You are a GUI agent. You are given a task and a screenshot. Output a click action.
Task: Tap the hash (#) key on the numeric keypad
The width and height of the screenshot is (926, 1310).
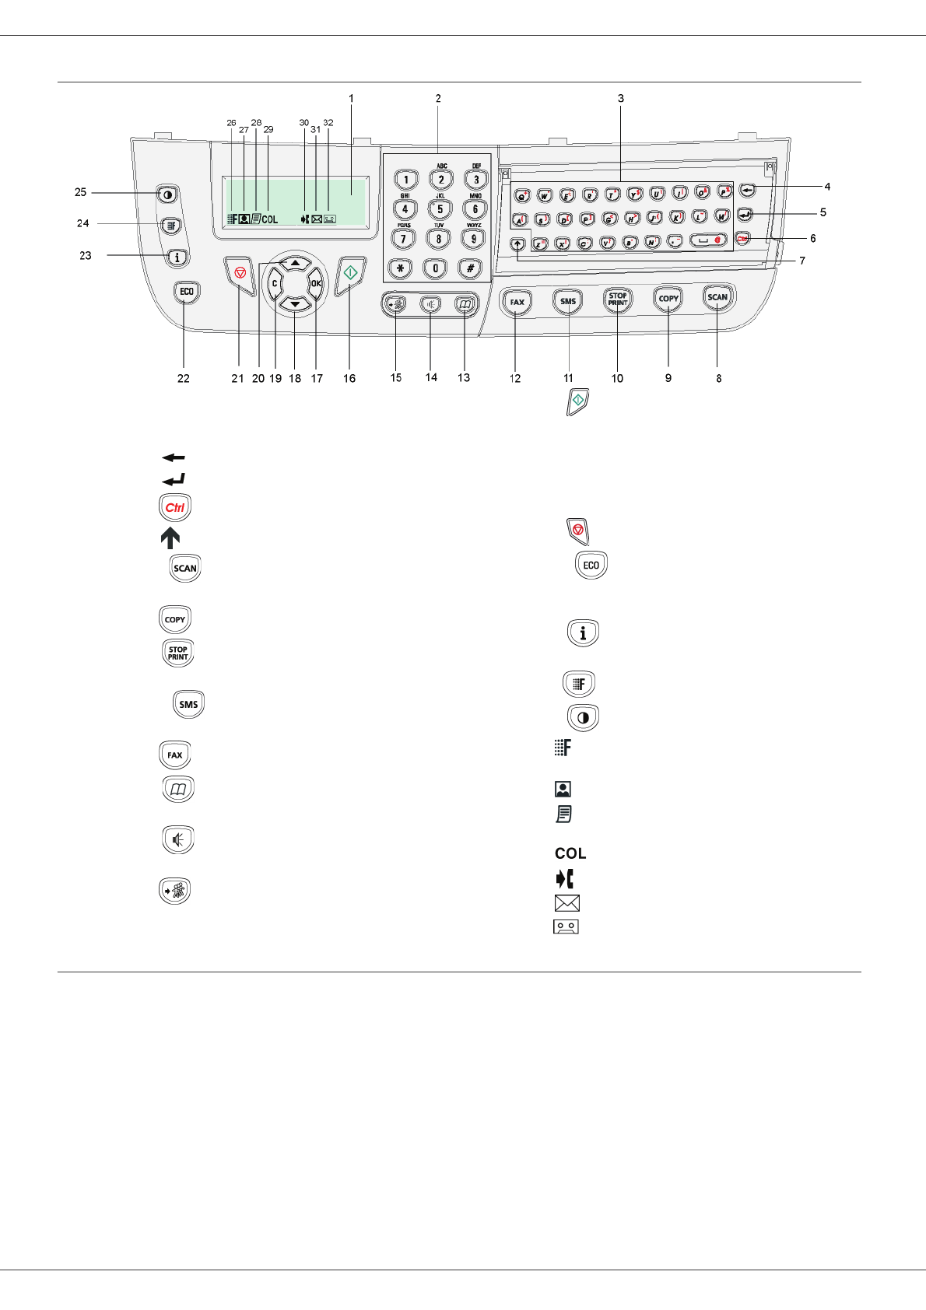pyautogui.click(x=470, y=268)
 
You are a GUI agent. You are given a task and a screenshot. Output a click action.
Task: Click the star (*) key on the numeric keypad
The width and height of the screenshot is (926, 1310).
pyautogui.click(x=400, y=268)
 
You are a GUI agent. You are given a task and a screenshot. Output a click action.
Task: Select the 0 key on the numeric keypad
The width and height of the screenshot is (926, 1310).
pyautogui.click(x=435, y=268)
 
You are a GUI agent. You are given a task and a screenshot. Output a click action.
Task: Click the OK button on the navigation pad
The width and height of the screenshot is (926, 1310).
pyautogui.click(x=316, y=283)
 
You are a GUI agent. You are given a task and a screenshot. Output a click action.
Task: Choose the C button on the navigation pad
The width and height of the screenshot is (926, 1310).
pyautogui.click(x=275, y=283)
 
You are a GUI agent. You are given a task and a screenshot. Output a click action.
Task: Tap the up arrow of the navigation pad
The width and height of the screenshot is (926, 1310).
pyautogui.click(x=295, y=264)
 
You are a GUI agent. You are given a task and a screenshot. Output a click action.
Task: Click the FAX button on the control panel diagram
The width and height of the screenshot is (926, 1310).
pyautogui.click(x=517, y=301)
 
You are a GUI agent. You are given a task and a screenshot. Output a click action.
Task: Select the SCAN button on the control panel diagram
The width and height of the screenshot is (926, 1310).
pyautogui.click(x=717, y=297)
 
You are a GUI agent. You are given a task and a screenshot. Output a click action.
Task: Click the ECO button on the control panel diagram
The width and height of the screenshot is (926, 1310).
pyautogui.click(x=187, y=292)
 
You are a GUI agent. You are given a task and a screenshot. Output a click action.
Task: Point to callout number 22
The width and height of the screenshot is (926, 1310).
pyautogui.click(x=183, y=378)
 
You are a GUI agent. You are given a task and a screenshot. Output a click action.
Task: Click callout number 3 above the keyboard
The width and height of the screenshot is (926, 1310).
pyautogui.click(x=621, y=99)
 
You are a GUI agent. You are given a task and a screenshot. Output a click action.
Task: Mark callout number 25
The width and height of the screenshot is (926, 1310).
pyautogui.click(x=80, y=192)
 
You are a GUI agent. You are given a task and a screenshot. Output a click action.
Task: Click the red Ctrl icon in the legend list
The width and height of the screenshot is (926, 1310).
pyautogui.click(x=175, y=508)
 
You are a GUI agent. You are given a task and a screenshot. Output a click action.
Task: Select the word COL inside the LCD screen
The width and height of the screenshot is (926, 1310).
pyautogui.click(x=270, y=219)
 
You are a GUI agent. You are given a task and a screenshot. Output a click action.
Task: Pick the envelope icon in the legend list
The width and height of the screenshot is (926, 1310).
pyautogui.click(x=566, y=903)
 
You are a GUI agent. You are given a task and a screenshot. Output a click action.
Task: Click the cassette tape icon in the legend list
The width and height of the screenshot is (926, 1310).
pyautogui.click(x=566, y=926)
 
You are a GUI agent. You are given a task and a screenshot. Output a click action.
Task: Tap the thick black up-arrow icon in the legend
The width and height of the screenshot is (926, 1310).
pyautogui.click(x=170, y=538)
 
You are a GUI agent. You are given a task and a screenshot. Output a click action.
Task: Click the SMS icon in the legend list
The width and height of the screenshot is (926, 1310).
pyautogui.click(x=188, y=704)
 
